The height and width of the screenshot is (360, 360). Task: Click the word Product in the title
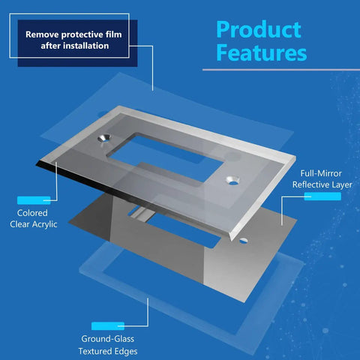(x=259, y=30)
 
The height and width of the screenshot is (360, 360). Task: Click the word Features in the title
(x=262, y=52)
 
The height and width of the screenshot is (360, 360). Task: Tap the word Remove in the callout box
(x=42, y=34)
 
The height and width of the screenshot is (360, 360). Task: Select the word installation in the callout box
(x=86, y=46)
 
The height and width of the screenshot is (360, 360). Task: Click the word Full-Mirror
(x=321, y=173)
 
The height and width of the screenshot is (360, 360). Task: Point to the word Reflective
(x=310, y=184)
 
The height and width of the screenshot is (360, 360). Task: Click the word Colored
(x=32, y=213)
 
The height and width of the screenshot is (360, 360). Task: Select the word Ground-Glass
(x=108, y=339)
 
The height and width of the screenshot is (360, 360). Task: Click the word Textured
(x=93, y=351)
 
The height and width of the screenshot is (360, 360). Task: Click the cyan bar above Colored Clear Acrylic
(x=34, y=200)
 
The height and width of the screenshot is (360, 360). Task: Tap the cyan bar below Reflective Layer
(x=322, y=196)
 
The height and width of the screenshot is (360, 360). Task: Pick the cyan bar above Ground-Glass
(x=108, y=326)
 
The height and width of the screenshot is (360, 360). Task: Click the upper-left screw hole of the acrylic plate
(x=104, y=138)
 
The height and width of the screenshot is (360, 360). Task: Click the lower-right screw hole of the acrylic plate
(x=233, y=180)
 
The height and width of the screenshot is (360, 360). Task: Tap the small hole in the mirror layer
(x=243, y=241)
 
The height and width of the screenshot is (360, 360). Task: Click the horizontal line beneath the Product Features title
(x=281, y=70)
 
